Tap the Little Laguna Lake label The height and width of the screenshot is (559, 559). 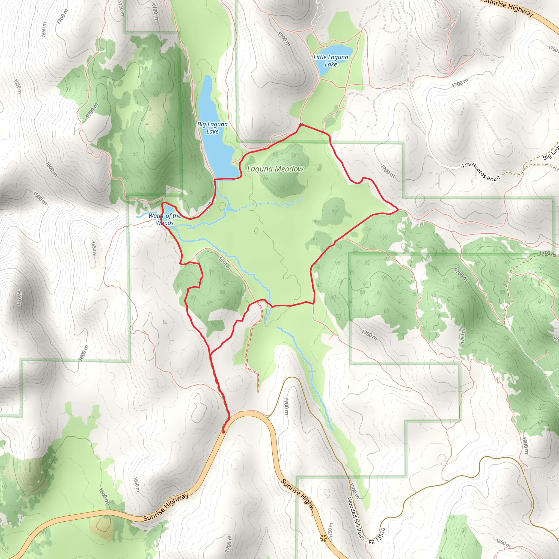point(331,61)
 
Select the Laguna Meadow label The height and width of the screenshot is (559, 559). point(275,169)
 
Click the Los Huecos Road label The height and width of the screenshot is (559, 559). point(481,172)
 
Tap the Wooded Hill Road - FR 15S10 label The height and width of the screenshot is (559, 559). point(366,521)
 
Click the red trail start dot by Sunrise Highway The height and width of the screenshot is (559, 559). point(223,432)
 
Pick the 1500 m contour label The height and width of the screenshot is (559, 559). point(40,198)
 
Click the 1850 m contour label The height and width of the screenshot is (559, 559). point(503,543)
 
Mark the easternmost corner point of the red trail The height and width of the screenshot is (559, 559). point(399,209)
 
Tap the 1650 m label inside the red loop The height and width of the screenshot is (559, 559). point(224,264)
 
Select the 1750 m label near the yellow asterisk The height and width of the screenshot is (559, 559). point(331,531)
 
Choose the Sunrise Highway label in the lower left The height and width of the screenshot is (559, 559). point(166,507)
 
